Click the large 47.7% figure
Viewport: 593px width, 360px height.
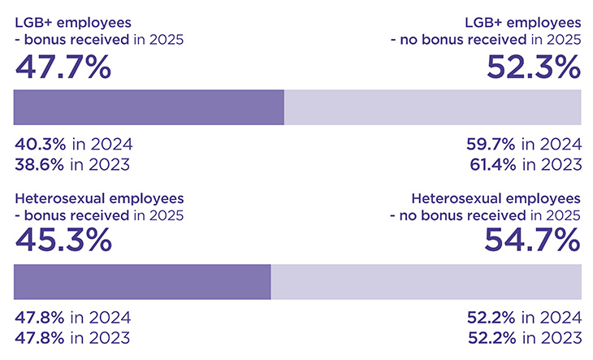[x=63, y=67]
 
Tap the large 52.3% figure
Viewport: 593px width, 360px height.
[x=534, y=67]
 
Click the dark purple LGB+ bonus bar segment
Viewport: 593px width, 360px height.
[x=149, y=107]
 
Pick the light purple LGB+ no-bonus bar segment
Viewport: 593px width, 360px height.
[x=432, y=107]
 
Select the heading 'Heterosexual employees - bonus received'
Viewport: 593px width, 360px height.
[x=98, y=206]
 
